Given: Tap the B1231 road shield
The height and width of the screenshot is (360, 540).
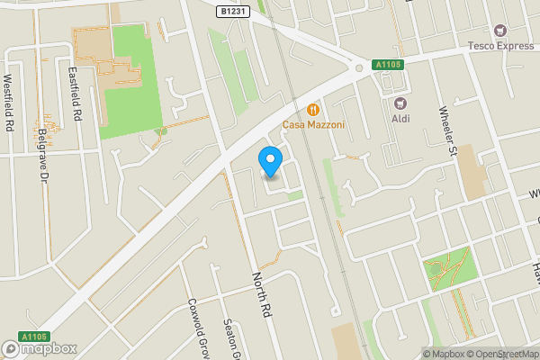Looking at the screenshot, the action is pos(233,12).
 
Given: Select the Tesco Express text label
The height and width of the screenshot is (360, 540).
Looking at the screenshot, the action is pos(499,45).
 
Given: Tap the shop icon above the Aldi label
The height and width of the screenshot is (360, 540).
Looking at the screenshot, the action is pos(400,103).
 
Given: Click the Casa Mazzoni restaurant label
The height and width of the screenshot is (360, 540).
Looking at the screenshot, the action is pos(314,123).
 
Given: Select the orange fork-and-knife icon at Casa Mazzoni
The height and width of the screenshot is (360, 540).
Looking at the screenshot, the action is pos(314,108).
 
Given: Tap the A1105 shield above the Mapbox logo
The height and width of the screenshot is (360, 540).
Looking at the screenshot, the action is pos(34,337).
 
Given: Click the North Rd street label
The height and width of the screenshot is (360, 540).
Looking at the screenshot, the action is pos(261,294).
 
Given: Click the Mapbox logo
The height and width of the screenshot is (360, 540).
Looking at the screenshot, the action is pos(40,348).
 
